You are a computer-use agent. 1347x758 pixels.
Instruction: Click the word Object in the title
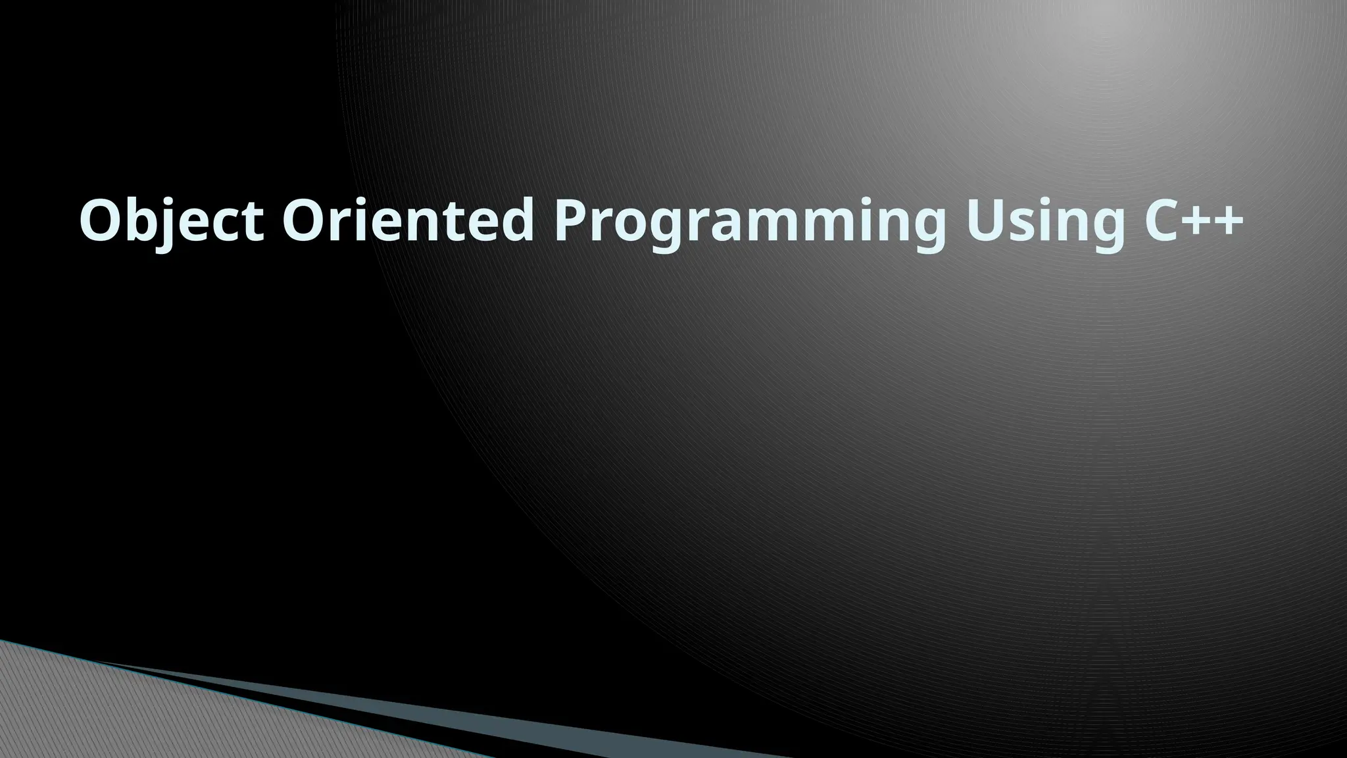point(171,220)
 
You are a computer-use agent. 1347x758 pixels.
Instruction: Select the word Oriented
point(408,220)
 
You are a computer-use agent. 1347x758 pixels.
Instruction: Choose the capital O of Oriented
point(306,220)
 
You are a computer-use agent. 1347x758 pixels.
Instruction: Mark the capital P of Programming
point(572,220)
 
